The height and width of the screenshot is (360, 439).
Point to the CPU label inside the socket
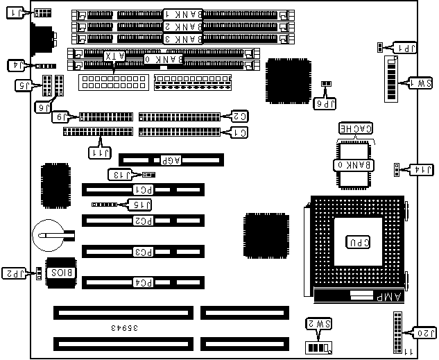point(357,242)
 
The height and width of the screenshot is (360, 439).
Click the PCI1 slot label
point(143,189)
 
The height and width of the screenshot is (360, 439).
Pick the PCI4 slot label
point(143,282)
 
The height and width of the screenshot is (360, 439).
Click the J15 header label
point(141,205)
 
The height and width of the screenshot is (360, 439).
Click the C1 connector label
point(238,131)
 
